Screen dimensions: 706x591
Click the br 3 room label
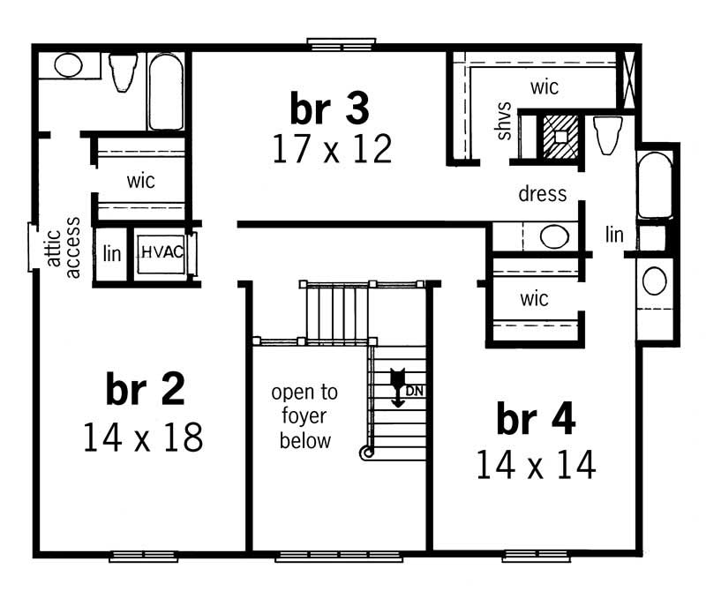[329, 108]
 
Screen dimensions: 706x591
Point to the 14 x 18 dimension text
[143, 437]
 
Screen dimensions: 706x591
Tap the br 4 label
[536, 419]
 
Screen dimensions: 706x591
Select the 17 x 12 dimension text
[333, 149]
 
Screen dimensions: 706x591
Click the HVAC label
[162, 252]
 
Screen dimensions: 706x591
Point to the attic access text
[64, 248]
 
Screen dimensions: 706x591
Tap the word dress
[542, 194]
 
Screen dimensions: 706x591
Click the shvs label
[503, 121]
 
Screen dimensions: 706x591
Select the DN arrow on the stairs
[398, 388]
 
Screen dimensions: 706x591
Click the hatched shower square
[560, 137]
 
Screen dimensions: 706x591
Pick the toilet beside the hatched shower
[607, 135]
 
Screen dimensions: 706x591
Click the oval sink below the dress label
[554, 236]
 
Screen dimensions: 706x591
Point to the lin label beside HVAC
[112, 253]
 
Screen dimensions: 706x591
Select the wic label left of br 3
[141, 181]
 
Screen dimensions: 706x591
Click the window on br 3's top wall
[342, 44]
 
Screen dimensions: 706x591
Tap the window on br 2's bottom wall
[144, 556]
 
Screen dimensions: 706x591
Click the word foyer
[304, 416]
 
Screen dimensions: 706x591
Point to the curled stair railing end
[366, 453]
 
